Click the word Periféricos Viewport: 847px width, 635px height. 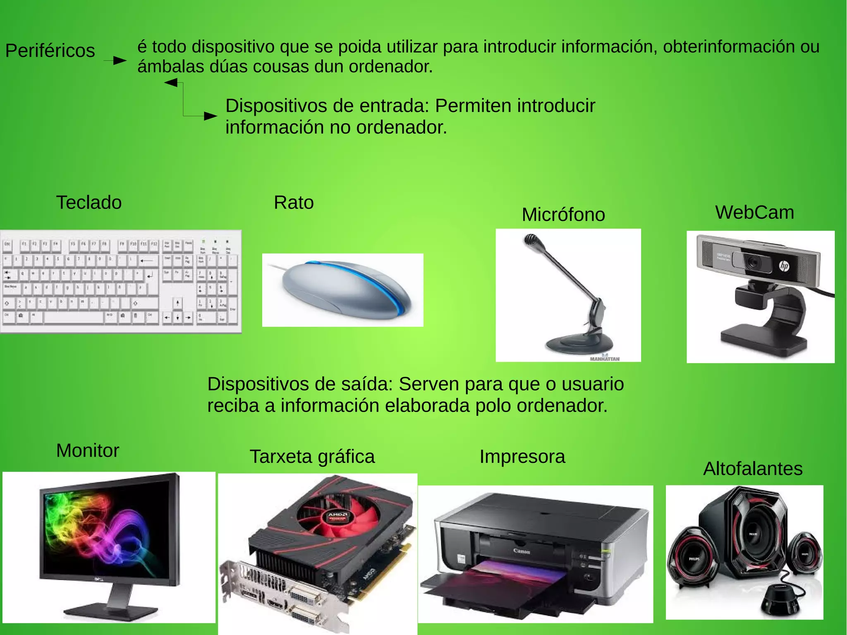pyautogui.click(x=50, y=51)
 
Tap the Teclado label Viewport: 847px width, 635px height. pyautogui.click(x=89, y=203)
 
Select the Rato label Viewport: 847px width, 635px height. pyautogui.click(x=294, y=203)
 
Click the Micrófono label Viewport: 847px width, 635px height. pyautogui.click(x=563, y=215)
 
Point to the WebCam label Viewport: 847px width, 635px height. pyautogui.click(x=754, y=212)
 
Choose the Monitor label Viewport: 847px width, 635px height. pyautogui.click(x=88, y=450)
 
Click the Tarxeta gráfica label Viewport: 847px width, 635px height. pyautogui.click(x=312, y=457)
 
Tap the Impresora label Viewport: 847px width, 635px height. pyautogui.click(x=522, y=457)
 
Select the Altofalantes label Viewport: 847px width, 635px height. pyautogui.click(x=753, y=469)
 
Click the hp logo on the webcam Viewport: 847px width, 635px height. pyautogui.click(x=784, y=266)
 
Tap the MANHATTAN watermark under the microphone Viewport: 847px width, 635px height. pyautogui.click(x=605, y=359)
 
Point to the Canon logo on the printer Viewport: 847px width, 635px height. pyautogui.click(x=522, y=551)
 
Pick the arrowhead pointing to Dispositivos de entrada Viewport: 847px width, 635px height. pyautogui.click(x=211, y=116)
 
